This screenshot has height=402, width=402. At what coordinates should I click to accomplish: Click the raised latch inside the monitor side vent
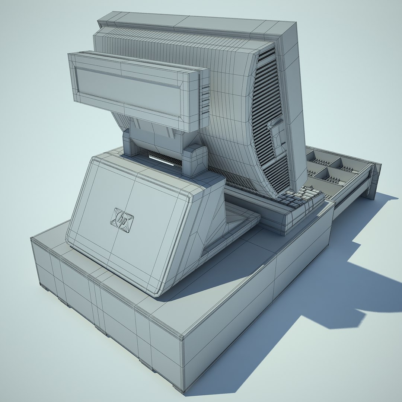click(x=277, y=134)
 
